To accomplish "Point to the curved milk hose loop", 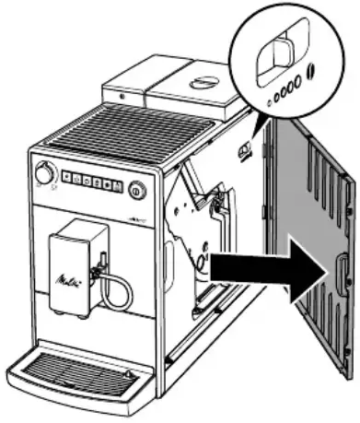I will coord(117,292).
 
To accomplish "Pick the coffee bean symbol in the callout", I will coord(311,71).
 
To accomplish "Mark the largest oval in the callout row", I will coord(298,75).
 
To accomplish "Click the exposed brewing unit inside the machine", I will coord(198,226).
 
